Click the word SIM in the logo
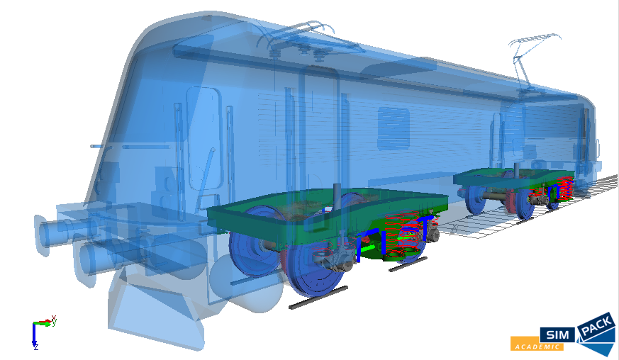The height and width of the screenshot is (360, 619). (x=557, y=335)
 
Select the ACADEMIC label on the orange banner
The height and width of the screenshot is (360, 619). (x=537, y=347)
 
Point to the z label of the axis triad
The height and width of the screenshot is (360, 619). (x=36, y=347)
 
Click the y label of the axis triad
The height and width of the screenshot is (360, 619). (x=54, y=320)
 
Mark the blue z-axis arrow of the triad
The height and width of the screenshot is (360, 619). (x=34, y=335)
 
